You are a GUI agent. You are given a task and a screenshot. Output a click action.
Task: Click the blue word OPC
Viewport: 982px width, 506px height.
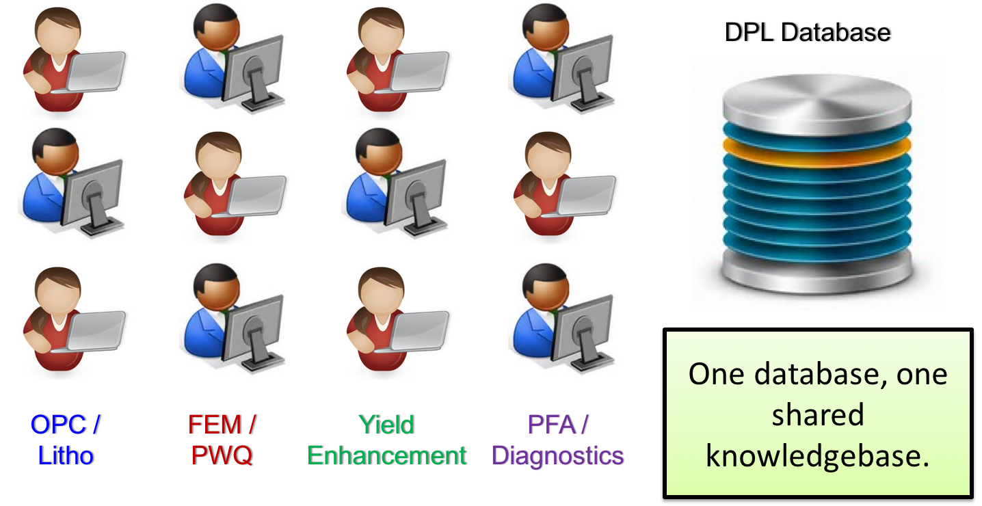pyautogui.click(x=57, y=425)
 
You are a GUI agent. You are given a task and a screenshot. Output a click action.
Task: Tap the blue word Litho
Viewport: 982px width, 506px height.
pyautogui.click(x=66, y=456)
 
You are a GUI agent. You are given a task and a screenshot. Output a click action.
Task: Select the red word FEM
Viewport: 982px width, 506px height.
pyautogui.click(x=214, y=425)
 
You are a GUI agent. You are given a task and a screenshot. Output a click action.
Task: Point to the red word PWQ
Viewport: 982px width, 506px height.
pyautogui.click(x=221, y=456)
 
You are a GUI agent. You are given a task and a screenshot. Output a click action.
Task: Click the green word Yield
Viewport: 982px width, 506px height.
pyautogui.click(x=386, y=425)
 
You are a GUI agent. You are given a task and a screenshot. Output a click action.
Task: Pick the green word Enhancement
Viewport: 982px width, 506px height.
pyautogui.click(x=387, y=456)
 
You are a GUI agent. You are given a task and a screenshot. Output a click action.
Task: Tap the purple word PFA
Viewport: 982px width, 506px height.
pyautogui.click(x=550, y=425)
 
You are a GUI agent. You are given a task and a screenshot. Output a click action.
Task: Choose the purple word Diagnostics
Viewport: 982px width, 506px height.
pyautogui.click(x=557, y=456)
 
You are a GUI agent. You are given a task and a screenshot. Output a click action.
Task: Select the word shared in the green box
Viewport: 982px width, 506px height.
pyautogui.click(x=818, y=415)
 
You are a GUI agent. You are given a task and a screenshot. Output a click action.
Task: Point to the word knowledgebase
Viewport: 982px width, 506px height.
pyautogui.click(x=818, y=456)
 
